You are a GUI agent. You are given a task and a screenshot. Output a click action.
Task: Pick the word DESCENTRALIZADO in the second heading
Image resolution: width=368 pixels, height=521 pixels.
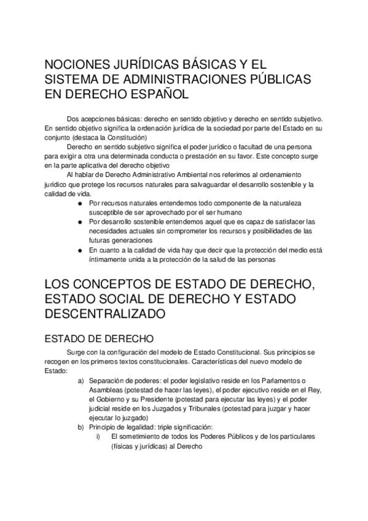105,313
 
